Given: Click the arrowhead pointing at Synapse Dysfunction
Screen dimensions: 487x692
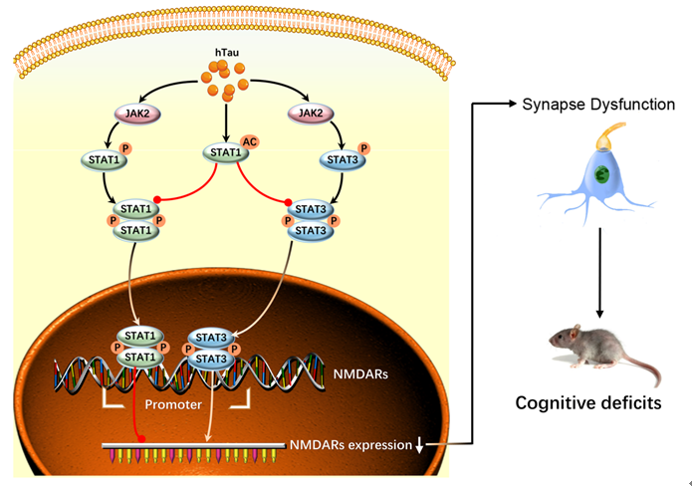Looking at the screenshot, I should (x=513, y=105).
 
